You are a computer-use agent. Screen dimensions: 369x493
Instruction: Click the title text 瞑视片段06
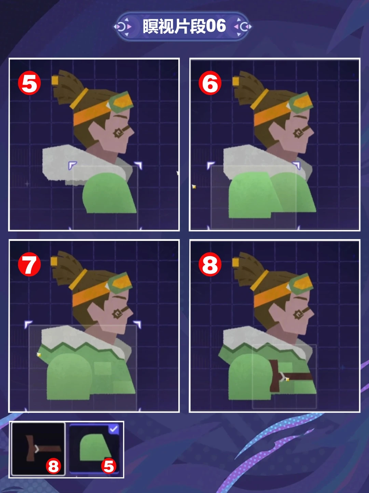pos(184,26)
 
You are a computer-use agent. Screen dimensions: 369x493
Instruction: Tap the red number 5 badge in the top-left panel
pos(29,83)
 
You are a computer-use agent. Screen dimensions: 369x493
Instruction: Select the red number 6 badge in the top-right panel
pos(210,83)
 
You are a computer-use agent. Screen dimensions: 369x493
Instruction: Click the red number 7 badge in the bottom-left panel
pos(29,264)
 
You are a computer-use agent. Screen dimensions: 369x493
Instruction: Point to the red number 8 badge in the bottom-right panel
pos(210,264)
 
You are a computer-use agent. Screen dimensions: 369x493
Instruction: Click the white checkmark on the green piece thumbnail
pos(114,429)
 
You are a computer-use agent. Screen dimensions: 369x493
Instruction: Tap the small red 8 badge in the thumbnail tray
pos(53,466)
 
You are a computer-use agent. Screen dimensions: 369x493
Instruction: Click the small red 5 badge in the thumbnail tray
pos(109,466)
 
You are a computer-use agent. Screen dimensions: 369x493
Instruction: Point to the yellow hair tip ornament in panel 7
pos(54,262)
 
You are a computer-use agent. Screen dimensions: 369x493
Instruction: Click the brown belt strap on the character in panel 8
pos(290,376)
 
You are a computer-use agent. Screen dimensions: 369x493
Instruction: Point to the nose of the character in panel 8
pos(311,313)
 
